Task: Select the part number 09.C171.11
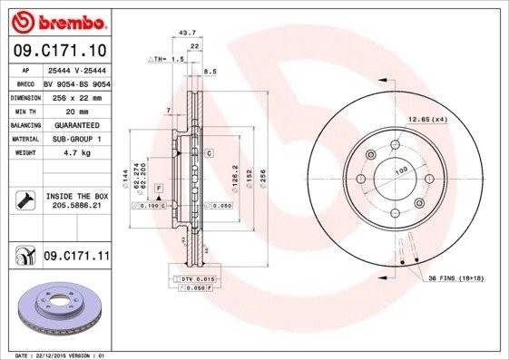coord(76,258)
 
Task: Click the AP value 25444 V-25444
coord(75,69)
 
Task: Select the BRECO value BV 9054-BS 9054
coord(75,82)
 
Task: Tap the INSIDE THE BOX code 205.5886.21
coord(75,207)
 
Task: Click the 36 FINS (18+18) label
coord(462,277)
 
